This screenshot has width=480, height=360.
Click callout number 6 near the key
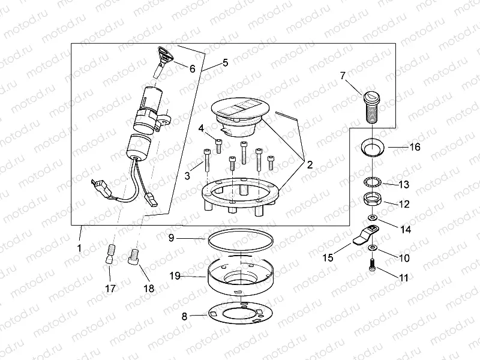[192, 69]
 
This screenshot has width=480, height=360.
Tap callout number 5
[225, 62]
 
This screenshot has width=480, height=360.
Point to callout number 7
[343, 76]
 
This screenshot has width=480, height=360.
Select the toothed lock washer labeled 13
[372, 183]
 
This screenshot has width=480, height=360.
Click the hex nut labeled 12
[371, 200]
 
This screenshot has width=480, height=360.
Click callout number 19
[174, 277]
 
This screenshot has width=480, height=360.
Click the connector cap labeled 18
[134, 257]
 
